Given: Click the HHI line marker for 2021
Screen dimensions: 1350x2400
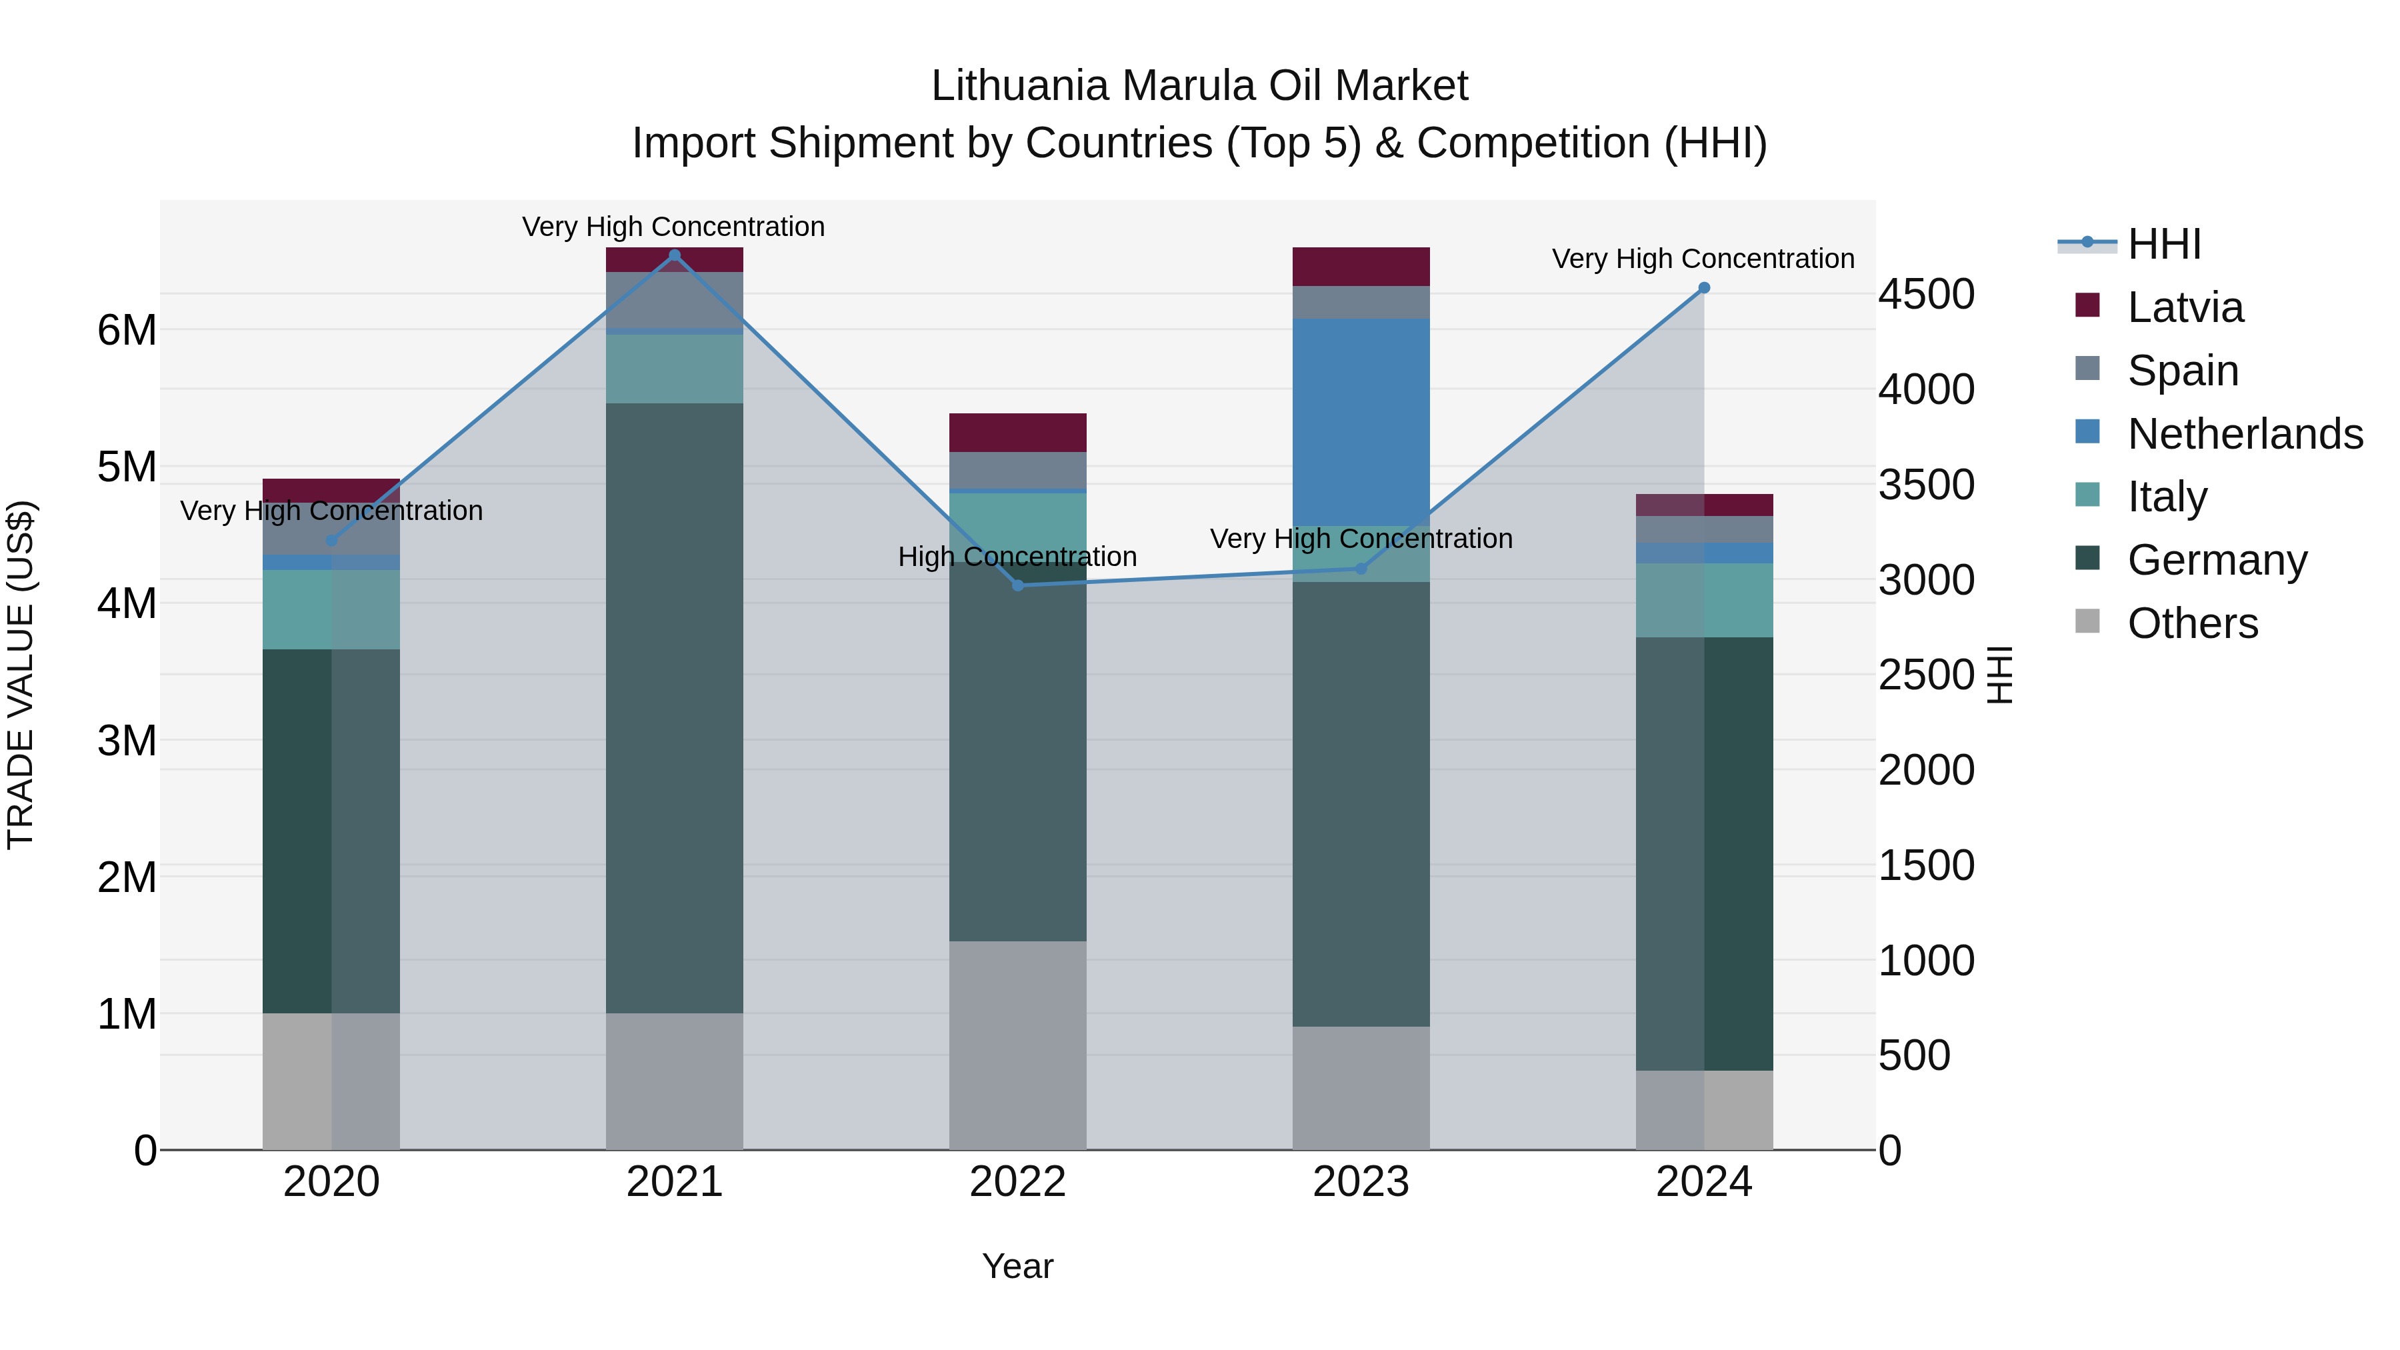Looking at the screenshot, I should point(675,255).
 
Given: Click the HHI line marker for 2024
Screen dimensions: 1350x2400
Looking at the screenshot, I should point(1704,288).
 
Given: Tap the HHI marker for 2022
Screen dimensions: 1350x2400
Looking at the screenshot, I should point(1017,585).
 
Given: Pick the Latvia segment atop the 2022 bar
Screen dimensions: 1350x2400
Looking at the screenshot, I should point(1017,432).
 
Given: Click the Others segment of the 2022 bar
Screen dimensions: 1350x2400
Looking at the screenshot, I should point(1017,1045).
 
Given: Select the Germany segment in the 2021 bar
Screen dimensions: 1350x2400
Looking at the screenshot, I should point(675,708).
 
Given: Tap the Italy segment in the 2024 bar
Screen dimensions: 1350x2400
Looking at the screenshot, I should point(1704,600).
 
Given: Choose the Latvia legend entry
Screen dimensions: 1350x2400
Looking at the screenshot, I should point(2185,307).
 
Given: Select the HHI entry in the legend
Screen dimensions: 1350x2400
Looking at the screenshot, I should point(2163,244).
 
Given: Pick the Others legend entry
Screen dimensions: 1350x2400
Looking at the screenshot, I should point(2191,623).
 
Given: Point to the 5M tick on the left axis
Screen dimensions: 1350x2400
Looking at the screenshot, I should point(127,467).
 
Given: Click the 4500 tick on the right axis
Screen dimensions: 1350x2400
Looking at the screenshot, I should point(1925,295).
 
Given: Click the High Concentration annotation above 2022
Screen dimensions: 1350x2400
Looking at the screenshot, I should point(1017,556).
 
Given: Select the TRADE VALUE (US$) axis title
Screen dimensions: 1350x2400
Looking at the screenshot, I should point(21,675).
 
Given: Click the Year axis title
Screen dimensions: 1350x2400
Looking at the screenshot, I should point(1017,1266).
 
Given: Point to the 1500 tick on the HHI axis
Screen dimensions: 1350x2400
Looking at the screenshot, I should point(1925,865).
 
